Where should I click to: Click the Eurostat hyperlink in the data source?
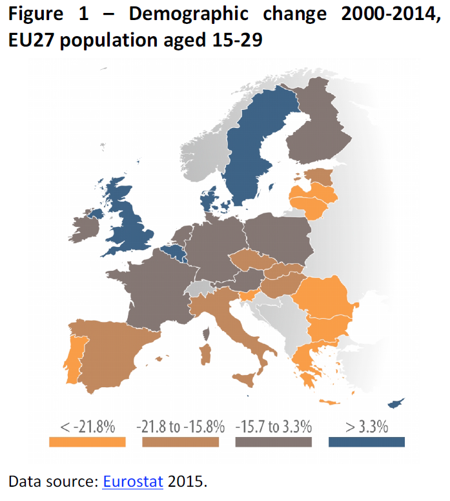pos(132,481)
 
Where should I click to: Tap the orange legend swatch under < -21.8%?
pos(87,442)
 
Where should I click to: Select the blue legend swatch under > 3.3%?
pos(366,442)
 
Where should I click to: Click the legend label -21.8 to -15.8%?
pos(180,427)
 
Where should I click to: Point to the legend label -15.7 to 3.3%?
pos(274,427)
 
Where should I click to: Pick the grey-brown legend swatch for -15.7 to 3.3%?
pos(274,442)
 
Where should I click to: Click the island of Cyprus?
pos(394,403)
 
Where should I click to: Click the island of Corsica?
pos(207,334)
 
